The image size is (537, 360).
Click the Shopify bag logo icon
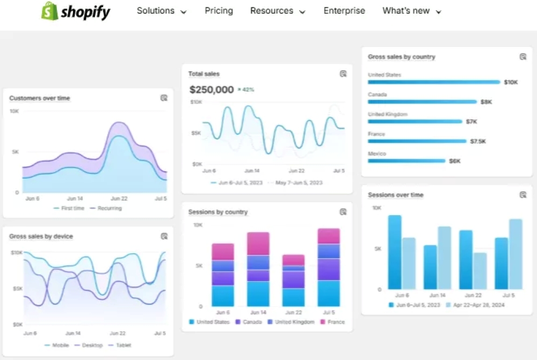click(49, 11)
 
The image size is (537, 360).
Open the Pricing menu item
click(219, 11)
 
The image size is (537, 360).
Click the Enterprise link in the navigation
click(344, 11)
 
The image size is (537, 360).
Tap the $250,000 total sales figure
click(212, 90)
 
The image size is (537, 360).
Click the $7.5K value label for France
click(478, 141)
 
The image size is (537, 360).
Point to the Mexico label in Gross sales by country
click(377, 153)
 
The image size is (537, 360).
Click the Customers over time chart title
click(40, 98)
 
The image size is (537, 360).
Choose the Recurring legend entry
click(110, 208)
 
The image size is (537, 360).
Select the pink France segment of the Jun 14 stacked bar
click(258, 243)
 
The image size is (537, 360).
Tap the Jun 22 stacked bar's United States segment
click(293, 297)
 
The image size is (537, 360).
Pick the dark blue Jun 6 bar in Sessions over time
click(395, 252)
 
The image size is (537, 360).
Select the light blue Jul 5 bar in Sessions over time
click(516, 254)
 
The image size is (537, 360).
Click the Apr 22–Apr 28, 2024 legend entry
click(478, 305)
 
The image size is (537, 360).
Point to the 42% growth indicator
click(246, 90)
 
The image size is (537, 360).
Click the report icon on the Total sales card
click(343, 74)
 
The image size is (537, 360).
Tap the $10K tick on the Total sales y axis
click(196, 101)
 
